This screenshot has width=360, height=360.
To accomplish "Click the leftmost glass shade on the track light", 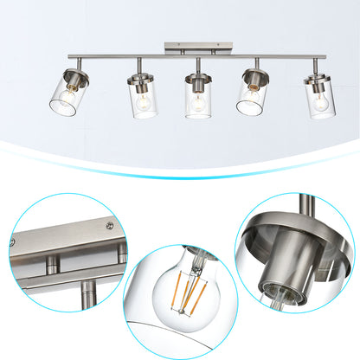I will (66, 93).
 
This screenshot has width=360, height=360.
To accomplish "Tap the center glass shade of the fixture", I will (198, 100).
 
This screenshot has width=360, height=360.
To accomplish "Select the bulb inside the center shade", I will (198, 102).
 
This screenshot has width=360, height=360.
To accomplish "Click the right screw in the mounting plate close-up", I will (107, 227).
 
